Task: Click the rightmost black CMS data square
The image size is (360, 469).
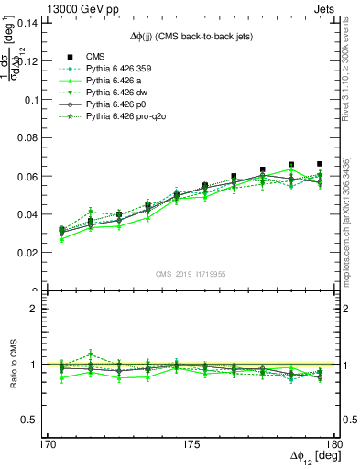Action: click(320, 164)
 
